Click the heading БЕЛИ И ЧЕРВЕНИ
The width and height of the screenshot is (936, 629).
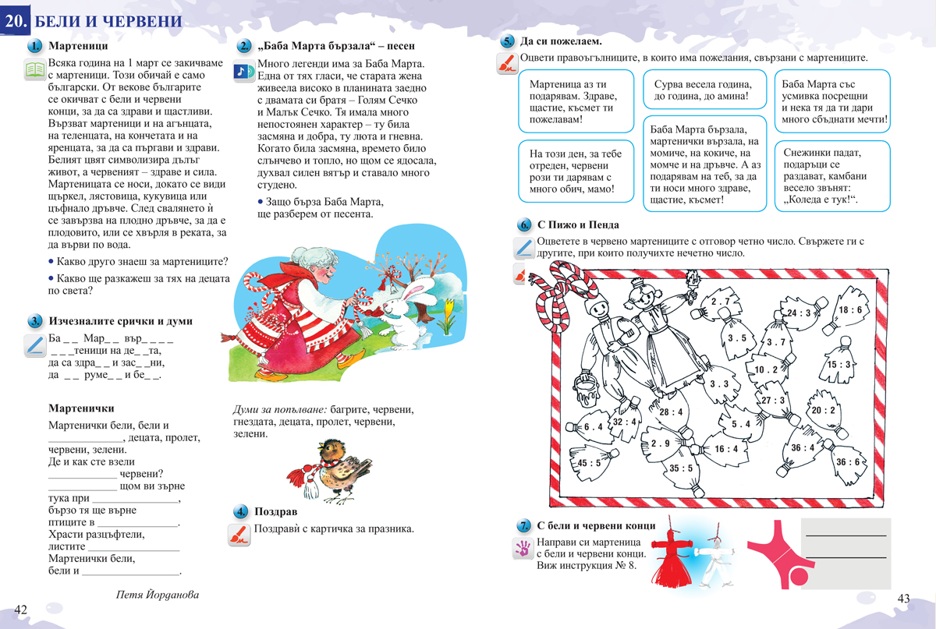[x=109, y=21]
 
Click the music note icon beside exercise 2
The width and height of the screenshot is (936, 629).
[x=243, y=71]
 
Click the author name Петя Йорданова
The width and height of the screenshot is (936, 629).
[x=157, y=595]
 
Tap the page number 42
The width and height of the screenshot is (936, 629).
[x=21, y=609]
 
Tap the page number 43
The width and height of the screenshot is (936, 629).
[x=903, y=599]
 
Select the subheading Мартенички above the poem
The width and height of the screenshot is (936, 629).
[x=81, y=408]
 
